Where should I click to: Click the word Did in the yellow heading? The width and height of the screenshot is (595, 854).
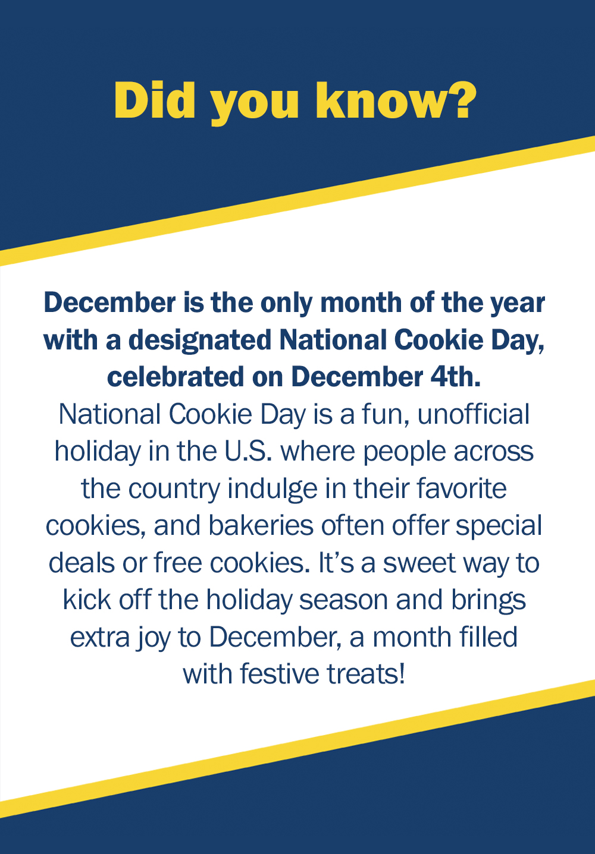(x=155, y=100)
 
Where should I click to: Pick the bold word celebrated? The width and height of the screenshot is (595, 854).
(x=175, y=377)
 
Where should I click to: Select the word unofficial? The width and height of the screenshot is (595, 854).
(x=473, y=414)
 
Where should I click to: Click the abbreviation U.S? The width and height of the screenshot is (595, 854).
(x=248, y=450)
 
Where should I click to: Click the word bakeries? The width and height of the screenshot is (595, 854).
(x=261, y=525)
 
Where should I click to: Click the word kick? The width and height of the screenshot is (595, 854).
(x=87, y=600)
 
